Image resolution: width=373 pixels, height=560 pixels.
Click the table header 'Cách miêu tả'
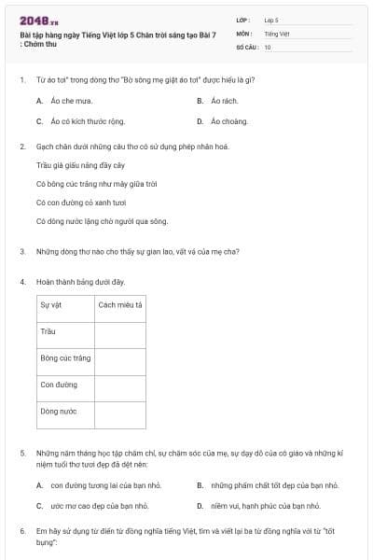(120, 305)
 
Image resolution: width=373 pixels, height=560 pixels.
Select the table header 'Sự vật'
(50, 305)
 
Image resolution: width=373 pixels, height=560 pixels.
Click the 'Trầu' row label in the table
(48, 331)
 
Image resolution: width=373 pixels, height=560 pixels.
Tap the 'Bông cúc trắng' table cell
(64, 357)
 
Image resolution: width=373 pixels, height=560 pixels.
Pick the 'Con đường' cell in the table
(57, 384)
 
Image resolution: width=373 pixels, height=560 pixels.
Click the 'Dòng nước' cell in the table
(59, 411)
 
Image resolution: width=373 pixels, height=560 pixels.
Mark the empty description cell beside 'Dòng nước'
(120, 411)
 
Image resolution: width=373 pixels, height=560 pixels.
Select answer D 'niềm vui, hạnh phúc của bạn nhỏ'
(266, 505)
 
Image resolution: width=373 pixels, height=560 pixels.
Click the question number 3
(21, 251)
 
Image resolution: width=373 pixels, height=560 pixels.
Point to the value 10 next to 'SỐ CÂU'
(268, 47)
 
